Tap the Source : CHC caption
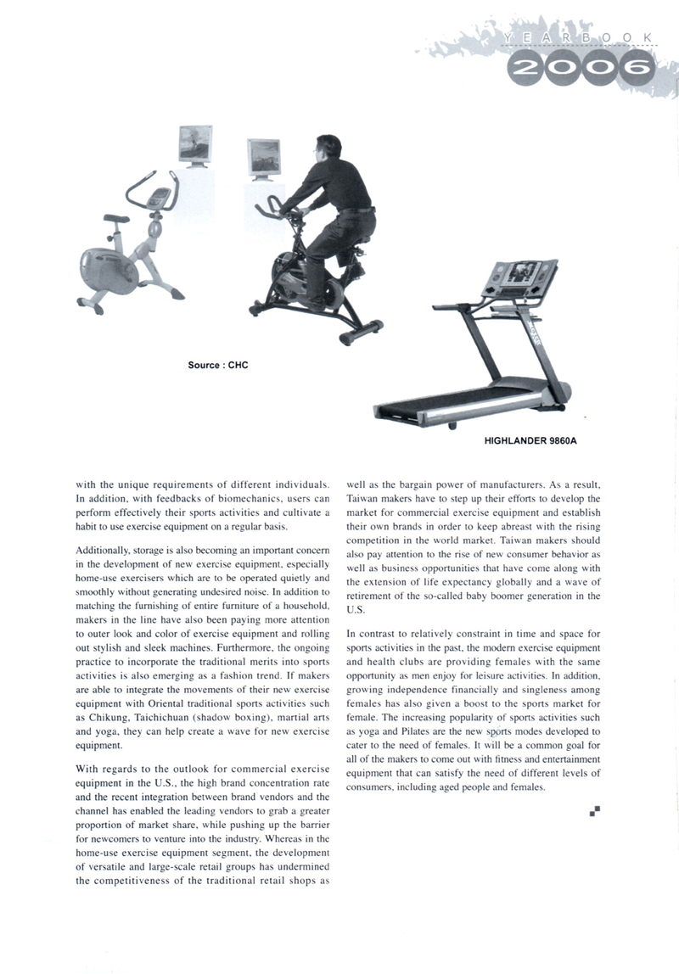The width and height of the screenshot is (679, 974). (x=218, y=366)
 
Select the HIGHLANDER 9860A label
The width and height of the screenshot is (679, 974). (x=536, y=441)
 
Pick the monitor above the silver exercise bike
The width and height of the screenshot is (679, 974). (x=194, y=144)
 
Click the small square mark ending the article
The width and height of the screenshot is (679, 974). (x=595, y=812)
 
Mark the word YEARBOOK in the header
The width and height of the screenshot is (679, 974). (x=577, y=38)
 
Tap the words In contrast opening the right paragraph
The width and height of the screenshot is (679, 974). (x=374, y=634)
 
